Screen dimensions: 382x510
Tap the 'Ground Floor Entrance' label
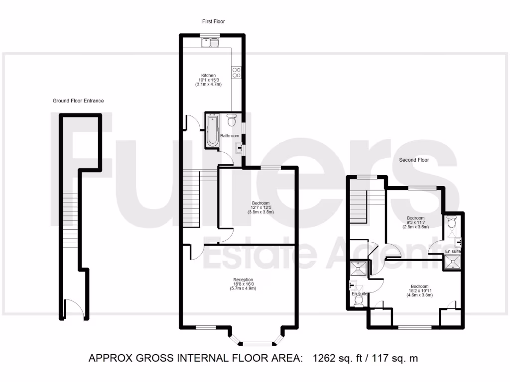click(x=78, y=101)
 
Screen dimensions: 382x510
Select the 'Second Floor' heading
click(x=414, y=160)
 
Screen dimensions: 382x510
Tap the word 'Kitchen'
click(x=208, y=76)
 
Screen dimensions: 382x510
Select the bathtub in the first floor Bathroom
click(x=213, y=130)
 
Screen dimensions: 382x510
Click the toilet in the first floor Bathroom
click(x=231, y=120)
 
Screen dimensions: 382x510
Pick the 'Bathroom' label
click(x=230, y=136)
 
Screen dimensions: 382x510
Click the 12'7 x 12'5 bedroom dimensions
click(x=260, y=208)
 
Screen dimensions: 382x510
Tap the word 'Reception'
click(x=243, y=280)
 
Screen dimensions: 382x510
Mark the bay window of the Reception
click(x=257, y=342)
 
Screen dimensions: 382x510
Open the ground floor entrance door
click(x=72, y=306)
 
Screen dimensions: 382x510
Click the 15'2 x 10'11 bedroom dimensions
click(x=419, y=291)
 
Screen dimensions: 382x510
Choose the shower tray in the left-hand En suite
click(x=358, y=269)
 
